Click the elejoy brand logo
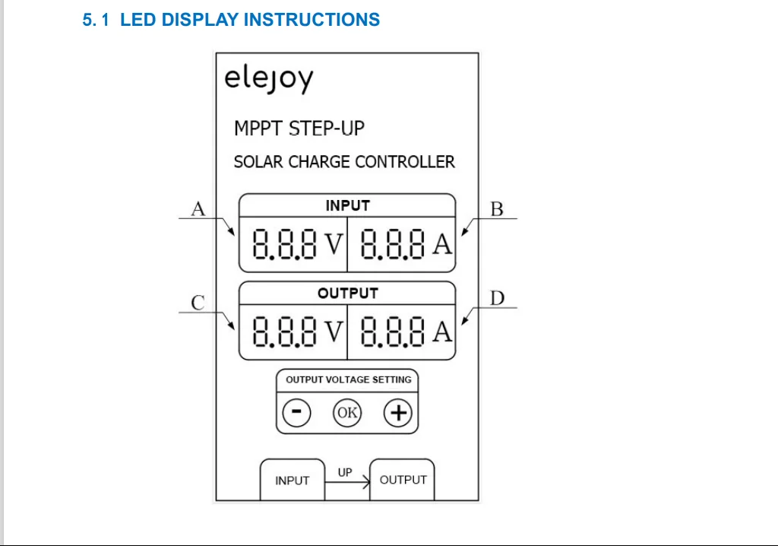[268, 79]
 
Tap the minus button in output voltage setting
[297, 412]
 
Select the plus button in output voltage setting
[398, 412]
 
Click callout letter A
[198, 208]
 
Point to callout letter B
[497, 209]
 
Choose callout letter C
[198, 303]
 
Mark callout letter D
[497, 298]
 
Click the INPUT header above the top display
[347, 205]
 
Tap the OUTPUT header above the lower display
[348, 293]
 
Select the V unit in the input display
[334, 244]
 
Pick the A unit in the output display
[442, 332]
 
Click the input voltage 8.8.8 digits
[284, 244]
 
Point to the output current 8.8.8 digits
[393, 332]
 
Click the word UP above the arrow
[345, 472]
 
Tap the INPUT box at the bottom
[293, 480]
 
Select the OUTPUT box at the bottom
[403, 480]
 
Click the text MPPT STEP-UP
[299, 129]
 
